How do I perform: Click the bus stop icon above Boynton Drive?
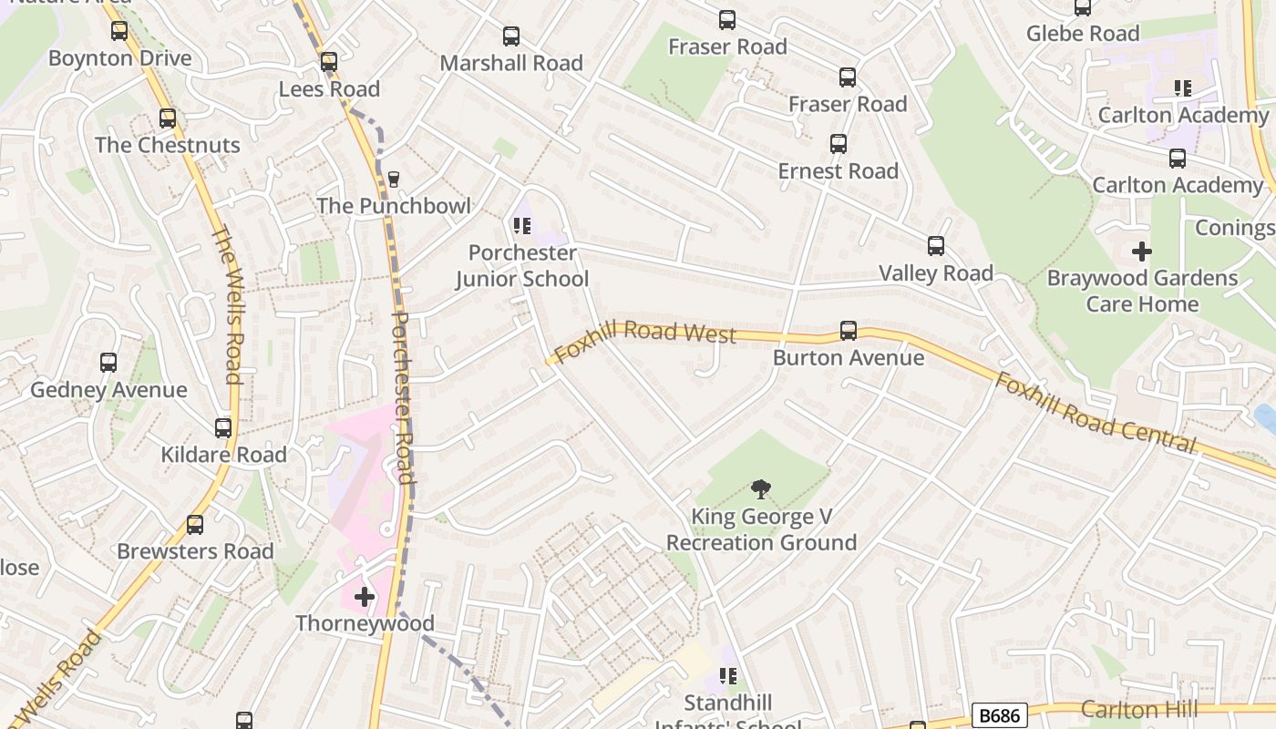pyautogui.click(x=119, y=31)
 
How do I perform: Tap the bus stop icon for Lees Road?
pyautogui.click(x=329, y=62)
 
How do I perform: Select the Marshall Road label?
pyautogui.click(x=511, y=63)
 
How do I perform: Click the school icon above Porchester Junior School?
pyautogui.click(x=521, y=225)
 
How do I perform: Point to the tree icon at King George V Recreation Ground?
pyautogui.click(x=760, y=489)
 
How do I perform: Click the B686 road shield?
pyautogui.click(x=1000, y=715)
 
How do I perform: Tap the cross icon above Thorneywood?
pyautogui.click(x=365, y=597)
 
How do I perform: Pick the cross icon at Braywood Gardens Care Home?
pyautogui.click(x=1141, y=251)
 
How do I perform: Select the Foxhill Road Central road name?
pyautogui.click(x=1094, y=413)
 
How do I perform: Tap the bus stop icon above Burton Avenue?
pyautogui.click(x=849, y=331)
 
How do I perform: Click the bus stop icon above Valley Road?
pyautogui.click(x=936, y=246)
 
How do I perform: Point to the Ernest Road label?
pyautogui.click(x=838, y=171)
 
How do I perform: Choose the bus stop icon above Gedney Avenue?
pyautogui.click(x=108, y=363)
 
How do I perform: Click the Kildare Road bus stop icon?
pyautogui.click(x=223, y=428)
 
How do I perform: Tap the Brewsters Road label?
pyautogui.click(x=195, y=551)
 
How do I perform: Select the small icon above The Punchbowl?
pyautogui.click(x=394, y=180)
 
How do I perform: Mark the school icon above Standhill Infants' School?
pyautogui.click(x=727, y=676)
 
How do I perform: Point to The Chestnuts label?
pyautogui.click(x=168, y=145)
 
